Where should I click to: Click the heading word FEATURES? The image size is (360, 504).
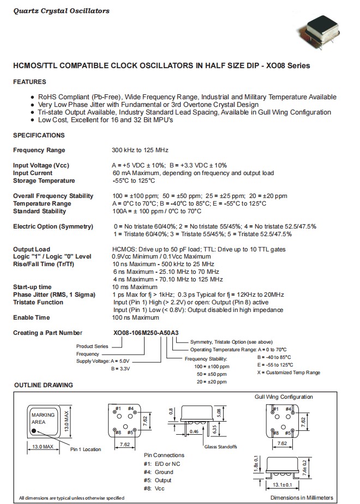point(29,82)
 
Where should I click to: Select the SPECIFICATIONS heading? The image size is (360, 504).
point(39,135)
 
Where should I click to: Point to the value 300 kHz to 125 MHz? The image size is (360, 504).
point(140,150)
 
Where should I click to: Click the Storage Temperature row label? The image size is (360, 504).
point(44,181)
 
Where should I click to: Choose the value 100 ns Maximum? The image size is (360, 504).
point(135,317)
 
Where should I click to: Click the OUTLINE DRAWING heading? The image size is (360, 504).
point(43,385)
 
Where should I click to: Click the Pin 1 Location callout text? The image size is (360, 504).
point(85,449)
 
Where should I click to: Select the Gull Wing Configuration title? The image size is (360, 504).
point(284,397)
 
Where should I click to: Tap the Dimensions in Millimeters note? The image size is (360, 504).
point(302,497)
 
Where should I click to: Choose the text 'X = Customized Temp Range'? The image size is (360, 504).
point(289,373)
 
